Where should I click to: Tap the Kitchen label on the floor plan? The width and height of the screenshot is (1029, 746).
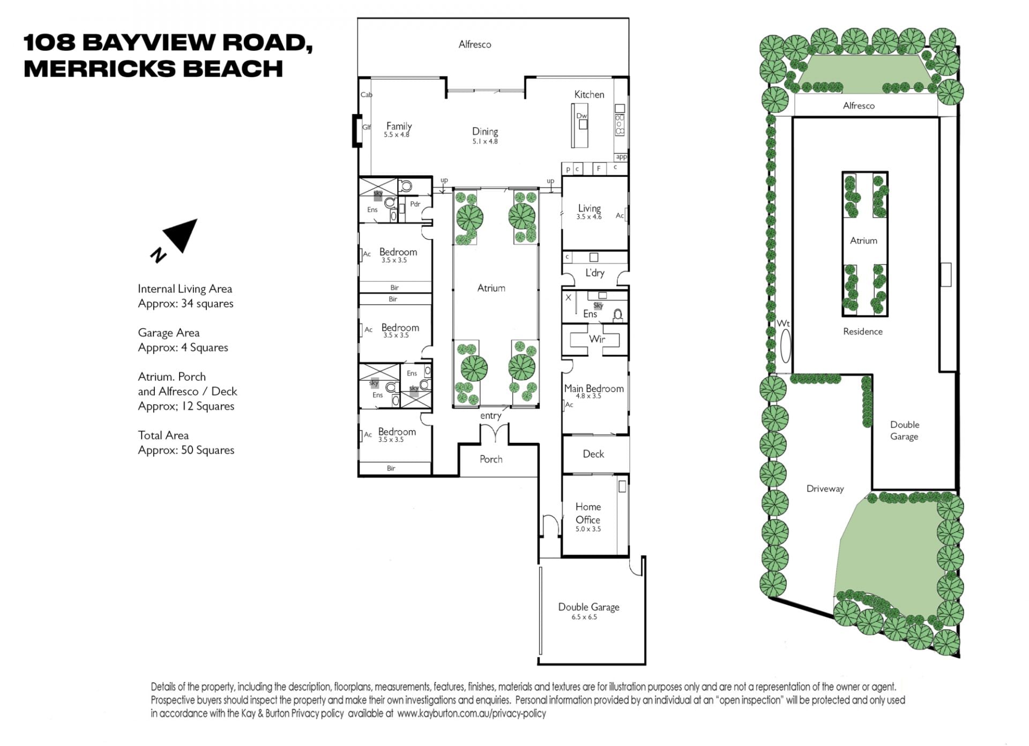589,94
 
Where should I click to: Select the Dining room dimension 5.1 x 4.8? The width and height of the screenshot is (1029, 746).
485,141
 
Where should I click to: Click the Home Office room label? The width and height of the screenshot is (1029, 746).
588,513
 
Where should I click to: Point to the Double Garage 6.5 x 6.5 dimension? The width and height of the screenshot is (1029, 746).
584,617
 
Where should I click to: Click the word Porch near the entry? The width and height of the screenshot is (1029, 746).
491,459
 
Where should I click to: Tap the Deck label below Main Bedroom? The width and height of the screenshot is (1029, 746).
593,454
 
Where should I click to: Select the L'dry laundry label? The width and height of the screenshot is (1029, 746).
594,273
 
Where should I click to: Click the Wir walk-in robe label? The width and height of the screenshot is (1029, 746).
597,338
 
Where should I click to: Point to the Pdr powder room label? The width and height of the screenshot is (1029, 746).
415,204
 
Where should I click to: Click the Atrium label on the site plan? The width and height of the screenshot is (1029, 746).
863,240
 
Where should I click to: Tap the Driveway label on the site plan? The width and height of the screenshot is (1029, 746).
825,488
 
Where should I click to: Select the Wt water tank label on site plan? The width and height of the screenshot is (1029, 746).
783,323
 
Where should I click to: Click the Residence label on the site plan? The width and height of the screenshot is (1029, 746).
862,331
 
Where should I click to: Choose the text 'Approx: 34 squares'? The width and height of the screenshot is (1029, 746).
185,304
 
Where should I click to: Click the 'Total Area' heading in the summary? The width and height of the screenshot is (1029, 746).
163,435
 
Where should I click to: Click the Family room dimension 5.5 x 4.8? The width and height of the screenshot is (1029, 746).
397,135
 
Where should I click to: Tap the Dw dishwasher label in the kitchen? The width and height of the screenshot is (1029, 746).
581,116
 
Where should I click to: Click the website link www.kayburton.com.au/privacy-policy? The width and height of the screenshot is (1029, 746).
472,713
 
